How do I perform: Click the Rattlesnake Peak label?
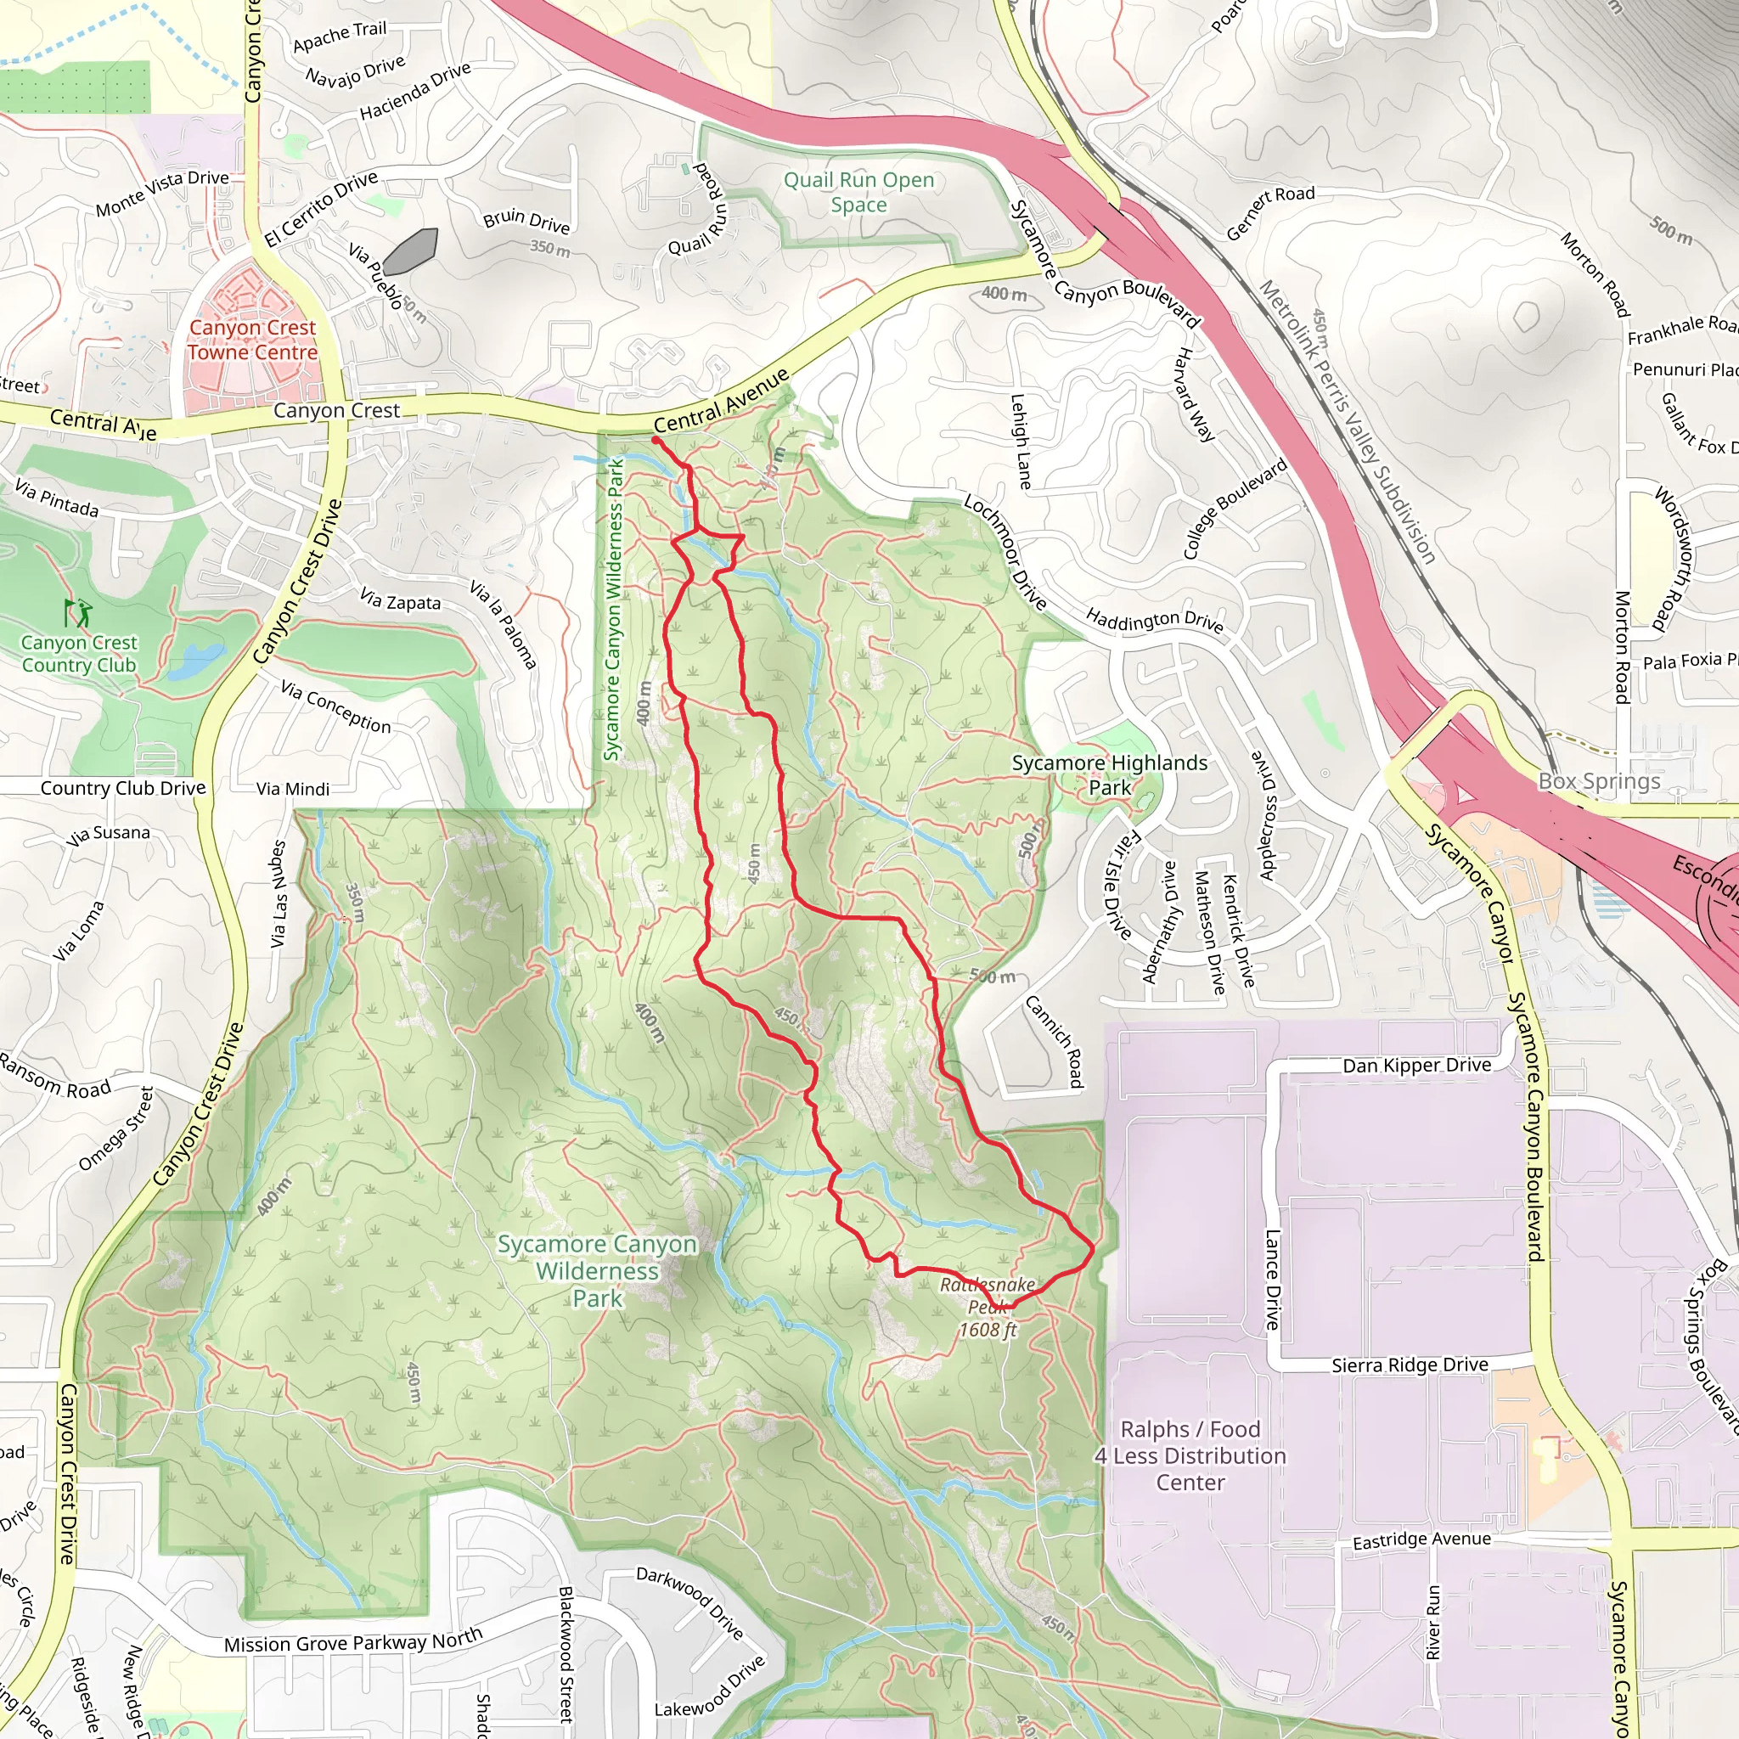(988, 1306)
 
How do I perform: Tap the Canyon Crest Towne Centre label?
(252, 340)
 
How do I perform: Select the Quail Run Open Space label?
(858, 192)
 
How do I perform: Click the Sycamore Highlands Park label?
(1109, 774)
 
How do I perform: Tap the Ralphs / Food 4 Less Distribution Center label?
(1190, 1455)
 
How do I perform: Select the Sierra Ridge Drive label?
(1410, 1365)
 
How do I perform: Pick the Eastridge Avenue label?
(1421, 1540)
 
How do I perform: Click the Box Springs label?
(1599, 781)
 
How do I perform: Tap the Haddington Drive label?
(1154, 619)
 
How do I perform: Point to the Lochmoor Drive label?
(1005, 551)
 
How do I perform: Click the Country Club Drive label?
(123, 789)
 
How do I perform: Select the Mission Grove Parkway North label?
(353, 1640)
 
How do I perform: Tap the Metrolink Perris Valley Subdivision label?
(1346, 421)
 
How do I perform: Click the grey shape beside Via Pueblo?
(410, 251)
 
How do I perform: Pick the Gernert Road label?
(1270, 212)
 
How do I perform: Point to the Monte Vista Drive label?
(162, 193)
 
